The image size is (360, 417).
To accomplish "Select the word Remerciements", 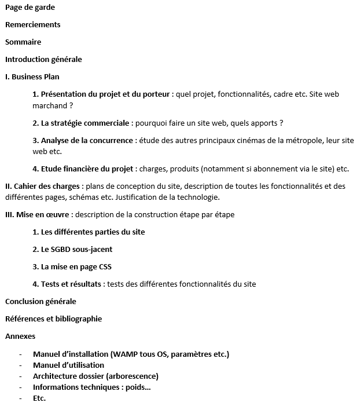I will coord(32,25).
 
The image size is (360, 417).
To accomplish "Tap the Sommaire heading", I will coord(23,42).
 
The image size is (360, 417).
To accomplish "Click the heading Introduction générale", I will coord(43,59).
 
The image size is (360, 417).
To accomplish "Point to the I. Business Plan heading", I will coord(32,76).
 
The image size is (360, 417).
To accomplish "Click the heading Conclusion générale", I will coord(41,301).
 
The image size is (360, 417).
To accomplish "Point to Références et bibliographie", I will coord(53,319).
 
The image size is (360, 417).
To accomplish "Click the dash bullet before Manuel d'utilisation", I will coord(21,365).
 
